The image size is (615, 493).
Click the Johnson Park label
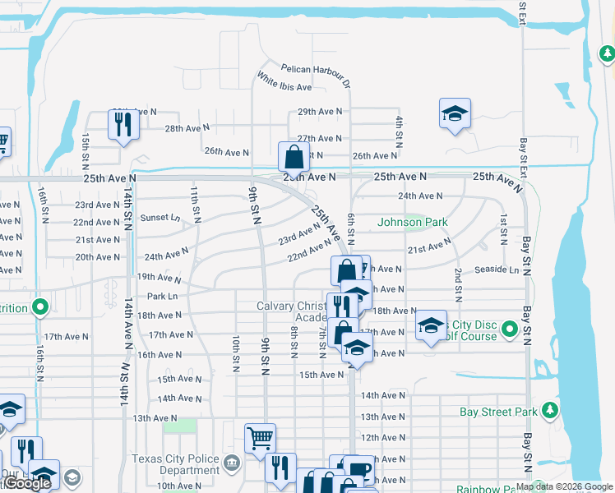point(412,222)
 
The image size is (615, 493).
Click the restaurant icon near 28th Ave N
point(123,125)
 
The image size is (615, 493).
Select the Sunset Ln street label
point(160,218)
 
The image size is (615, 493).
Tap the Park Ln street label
point(162,296)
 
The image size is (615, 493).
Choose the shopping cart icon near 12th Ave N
point(260,439)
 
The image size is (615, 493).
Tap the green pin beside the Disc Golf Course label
point(510,330)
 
